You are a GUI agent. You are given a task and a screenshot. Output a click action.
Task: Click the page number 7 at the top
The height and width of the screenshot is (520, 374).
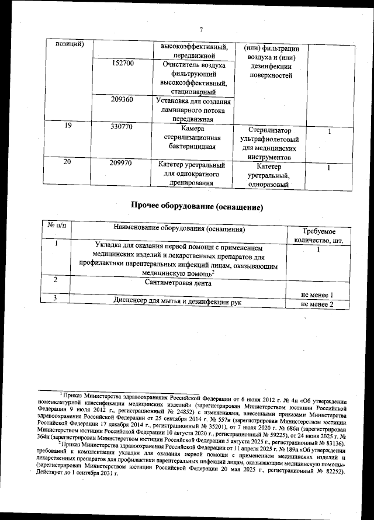click(201, 30)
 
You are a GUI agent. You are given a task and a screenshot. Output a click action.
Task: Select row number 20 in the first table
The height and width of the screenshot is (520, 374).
click(67, 162)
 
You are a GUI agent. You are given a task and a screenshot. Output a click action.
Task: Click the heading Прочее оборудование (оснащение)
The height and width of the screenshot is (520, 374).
click(197, 207)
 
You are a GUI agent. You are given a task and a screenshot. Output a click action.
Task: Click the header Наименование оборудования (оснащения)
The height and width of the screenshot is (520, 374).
click(179, 228)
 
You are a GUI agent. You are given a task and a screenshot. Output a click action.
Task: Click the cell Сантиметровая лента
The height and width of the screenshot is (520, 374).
click(179, 283)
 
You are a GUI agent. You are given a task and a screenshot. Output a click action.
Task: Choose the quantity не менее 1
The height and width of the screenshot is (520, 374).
click(317, 295)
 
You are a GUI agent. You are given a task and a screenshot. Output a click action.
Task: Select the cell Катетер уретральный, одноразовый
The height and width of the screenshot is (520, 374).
click(269, 176)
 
